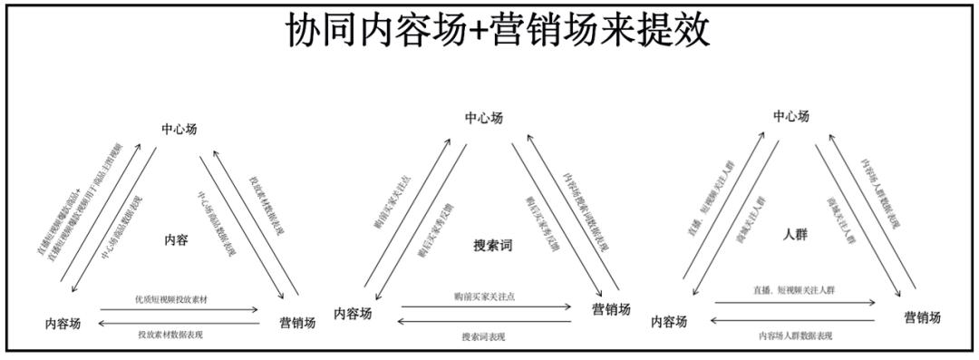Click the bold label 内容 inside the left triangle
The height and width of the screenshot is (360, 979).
tap(176, 240)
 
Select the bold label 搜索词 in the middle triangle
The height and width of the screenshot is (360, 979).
tap(492, 246)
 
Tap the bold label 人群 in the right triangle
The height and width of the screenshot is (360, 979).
tap(795, 234)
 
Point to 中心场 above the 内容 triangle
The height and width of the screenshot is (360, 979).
tap(179, 128)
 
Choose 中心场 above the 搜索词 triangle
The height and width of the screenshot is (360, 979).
tap(484, 118)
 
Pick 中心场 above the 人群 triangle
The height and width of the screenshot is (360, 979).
tap(791, 116)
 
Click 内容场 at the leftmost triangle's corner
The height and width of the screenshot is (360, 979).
tap(70, 323)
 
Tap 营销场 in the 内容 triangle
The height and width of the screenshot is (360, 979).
tap(296, 323)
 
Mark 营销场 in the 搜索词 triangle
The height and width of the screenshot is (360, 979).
tap(611, 309)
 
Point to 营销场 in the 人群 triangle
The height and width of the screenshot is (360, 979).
tap(922, 317)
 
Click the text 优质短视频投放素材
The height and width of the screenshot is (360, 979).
tap(171, 298)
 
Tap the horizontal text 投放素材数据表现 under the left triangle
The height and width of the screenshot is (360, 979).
tap(170, 336)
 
